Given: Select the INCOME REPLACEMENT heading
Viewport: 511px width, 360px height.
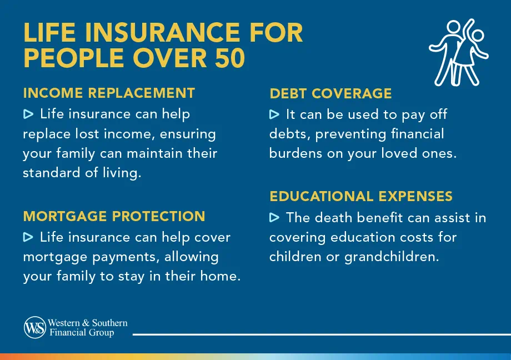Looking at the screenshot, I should [109, 93].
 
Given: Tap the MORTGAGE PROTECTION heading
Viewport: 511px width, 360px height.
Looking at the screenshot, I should [114, 216].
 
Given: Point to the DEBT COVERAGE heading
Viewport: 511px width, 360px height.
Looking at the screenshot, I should [330, 94].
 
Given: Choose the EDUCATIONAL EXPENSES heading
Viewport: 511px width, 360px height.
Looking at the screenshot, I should [361, 196].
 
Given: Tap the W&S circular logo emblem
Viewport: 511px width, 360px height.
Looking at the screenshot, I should [34, 327].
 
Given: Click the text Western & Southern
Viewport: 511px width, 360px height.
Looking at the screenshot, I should [88, 323].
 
